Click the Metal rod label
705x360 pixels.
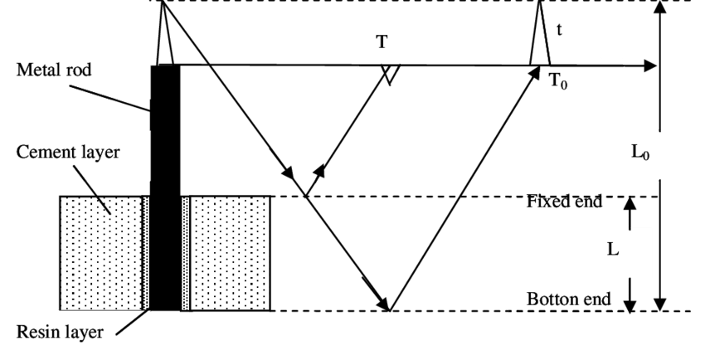click(x=54, y=71)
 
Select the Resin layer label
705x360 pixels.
click(x=60, y=333)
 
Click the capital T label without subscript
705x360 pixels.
click(x=382, y=41)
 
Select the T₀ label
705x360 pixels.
click(x=559, y=82)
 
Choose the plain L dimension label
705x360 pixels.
click(x=613, y=249)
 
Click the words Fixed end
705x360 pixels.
click(x=564, y=201)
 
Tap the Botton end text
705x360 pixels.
click(x=569, y=299)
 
